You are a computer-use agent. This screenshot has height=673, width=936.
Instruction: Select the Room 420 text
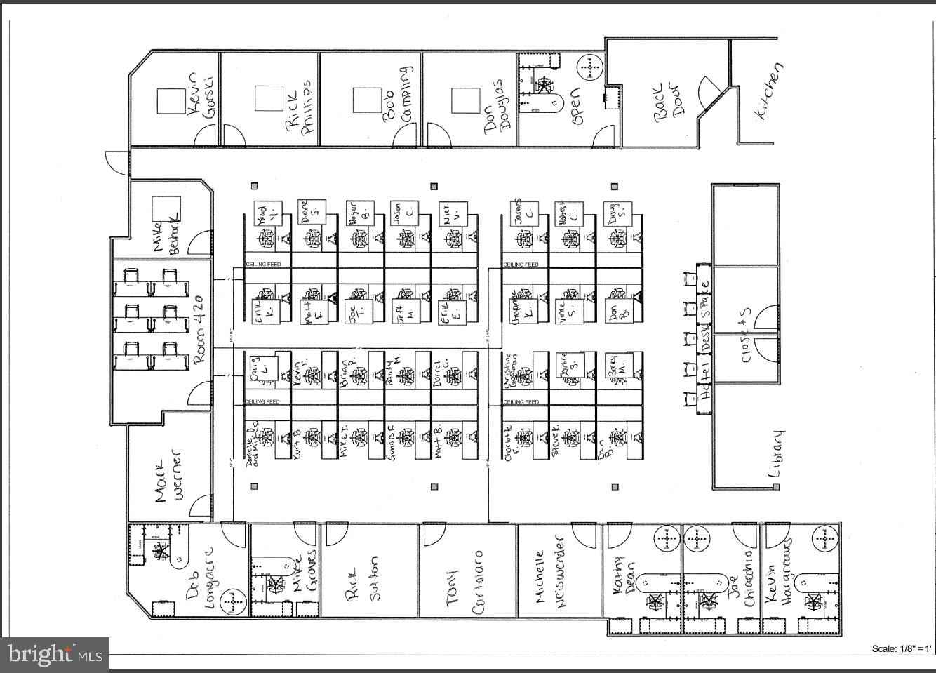click(x=199, y=328)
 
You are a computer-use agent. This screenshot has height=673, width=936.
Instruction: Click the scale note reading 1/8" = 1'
click(x=902, y=648)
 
